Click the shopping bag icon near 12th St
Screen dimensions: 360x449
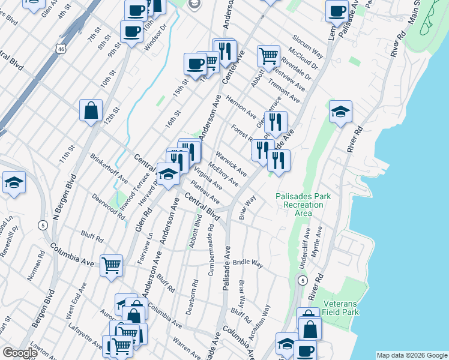coord(91,110)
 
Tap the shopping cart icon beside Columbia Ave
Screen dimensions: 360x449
coord(111,265)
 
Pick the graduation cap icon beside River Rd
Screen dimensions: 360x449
coord(340,111)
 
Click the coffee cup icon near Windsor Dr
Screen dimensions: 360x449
coord(131,31)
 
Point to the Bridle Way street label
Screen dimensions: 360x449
coord(248,263)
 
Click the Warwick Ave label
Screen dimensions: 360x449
coord(232,163)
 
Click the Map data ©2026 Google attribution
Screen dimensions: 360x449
coord(412,355)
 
